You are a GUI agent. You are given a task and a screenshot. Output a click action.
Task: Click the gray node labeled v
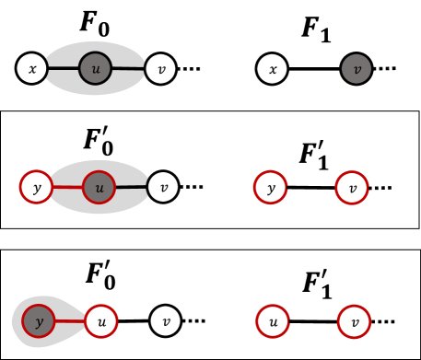[x=357, y=69]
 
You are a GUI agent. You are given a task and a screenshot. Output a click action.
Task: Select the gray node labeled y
[x=39, y=321]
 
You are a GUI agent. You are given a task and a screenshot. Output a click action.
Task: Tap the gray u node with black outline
[x=95, y=68]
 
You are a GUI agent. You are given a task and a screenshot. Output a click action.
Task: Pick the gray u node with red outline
[x=99, y=188]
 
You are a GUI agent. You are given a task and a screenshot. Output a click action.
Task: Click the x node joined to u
[x=32, y=68]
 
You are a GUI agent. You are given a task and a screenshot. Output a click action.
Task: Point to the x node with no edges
[x=272, y=69]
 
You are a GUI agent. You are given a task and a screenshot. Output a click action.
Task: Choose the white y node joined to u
[x=37, y=187]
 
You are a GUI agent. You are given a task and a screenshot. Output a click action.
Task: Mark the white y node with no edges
[x=270, y=188]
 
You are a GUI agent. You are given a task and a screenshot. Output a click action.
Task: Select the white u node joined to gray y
[x=101, y=321]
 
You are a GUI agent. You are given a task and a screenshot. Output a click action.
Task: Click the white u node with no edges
[x=273, y=321]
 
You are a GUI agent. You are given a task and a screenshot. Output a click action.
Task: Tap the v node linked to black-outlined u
[x=160, y=68]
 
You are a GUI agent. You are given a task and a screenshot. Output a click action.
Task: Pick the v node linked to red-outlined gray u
[x=163, y=187]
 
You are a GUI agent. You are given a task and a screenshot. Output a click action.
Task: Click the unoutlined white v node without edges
[x=166, y=320]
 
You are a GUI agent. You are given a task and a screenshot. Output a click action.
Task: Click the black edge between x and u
[x=63, y=68]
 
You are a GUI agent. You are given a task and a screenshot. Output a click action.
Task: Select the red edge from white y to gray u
[x=67, y=188]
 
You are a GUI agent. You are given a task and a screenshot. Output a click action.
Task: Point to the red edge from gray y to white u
[x=70, y=321]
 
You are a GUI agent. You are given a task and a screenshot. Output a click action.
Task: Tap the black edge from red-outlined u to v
[x=131, y=188]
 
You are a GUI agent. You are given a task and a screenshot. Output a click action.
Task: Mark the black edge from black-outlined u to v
[x=128, y=68]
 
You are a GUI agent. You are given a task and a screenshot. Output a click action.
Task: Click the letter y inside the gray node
[x=39, y=322]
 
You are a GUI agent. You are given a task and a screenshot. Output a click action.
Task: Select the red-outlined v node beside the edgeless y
[x=352, y=188]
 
